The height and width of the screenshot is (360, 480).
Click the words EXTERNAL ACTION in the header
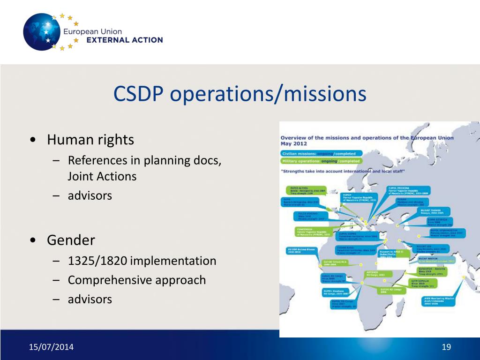pyautogui.click(x=125, y=40)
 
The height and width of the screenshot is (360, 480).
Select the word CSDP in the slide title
pyautogui.click(x=139, y=94)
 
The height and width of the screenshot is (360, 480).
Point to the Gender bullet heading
pyautogui.click(x=71, y=240)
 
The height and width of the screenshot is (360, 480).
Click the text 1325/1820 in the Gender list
pyautogui.click(x=97, y=261)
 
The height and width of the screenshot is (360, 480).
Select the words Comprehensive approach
pyautogui.click(x=136, y=280)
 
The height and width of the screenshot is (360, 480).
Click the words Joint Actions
pyautogui.click(x=102, y=177)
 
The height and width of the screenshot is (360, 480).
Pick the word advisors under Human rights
pyautogui.click(x=90, y=195)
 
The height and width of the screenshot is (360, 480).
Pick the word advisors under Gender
pyautogui.click(x=90, y=299)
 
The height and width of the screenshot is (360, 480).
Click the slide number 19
pyautogui.click(x=446, y=347)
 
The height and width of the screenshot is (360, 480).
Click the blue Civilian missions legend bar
pyautogui.click(x=318, y=153)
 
